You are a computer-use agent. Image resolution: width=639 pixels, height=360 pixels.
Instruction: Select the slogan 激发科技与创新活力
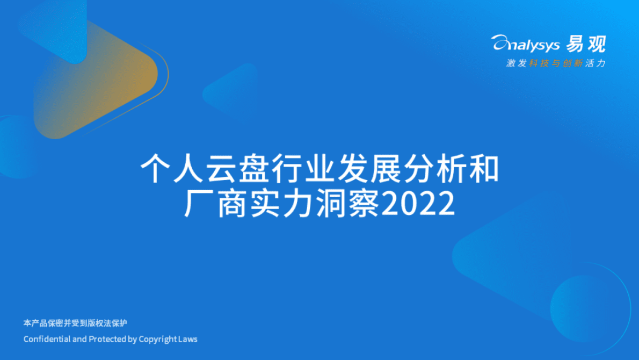pos(556,63)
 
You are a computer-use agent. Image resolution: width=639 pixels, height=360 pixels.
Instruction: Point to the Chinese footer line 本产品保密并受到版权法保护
pos(75,323)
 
